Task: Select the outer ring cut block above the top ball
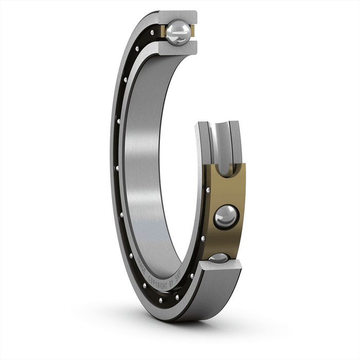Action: [177, 16]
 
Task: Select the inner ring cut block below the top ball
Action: [177, 48]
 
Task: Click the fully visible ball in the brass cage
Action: [226, 217]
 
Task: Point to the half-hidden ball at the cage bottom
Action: [220, 257]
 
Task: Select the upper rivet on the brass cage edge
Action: [207, 190]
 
